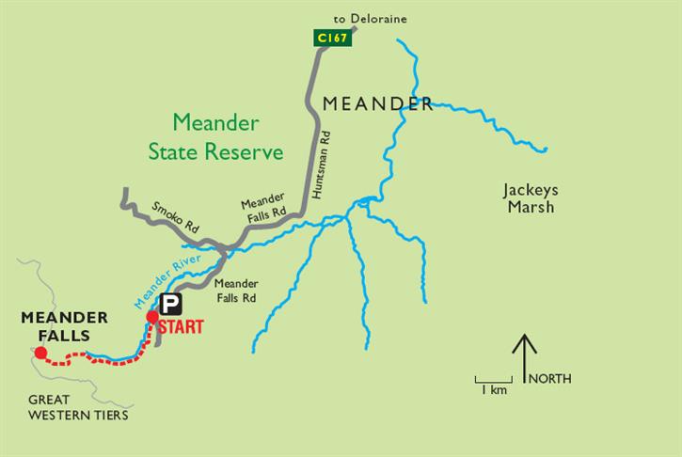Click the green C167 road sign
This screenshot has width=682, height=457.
[332, 38]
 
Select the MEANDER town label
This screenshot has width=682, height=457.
[377, 104]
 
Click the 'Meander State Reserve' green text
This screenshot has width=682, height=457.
[217, 137]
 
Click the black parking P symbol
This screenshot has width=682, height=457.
[170, 304]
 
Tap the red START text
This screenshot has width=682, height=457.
[182, 327]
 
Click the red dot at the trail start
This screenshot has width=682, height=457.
[152, 317]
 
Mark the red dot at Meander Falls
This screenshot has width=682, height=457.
[40, 354]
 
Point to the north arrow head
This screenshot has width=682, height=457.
[523, 339]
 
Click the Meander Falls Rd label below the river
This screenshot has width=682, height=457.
[236, 290]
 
